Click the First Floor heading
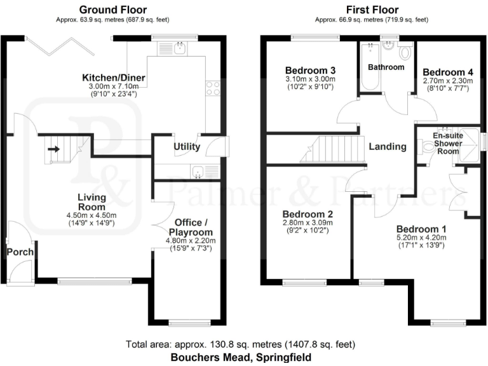(372, 10)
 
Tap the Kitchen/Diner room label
(114, 78)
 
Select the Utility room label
(187, 147)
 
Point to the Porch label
(20, 252)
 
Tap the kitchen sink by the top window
(180, 48)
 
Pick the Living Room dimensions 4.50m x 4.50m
(92, 215)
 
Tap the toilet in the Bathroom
(406, 51)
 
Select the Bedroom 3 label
(310, 70)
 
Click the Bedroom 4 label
(448, 72)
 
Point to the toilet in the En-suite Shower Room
(426, 147)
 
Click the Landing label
(388, 146)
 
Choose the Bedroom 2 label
(308, 214)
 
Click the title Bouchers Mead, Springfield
(241, 358)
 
